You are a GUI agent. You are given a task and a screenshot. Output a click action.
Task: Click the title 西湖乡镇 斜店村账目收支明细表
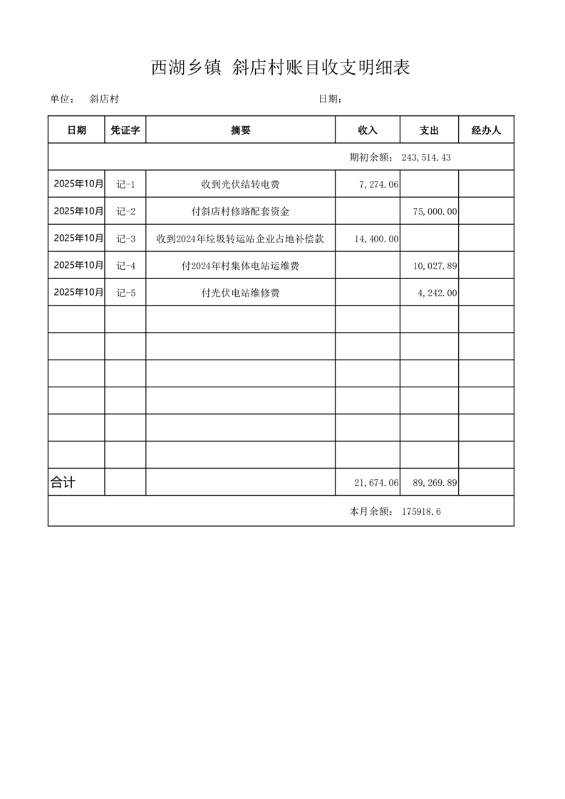(281, 68)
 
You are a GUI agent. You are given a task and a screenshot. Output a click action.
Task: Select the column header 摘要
(241, 130)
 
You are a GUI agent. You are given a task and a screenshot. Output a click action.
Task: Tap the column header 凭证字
(125, 130)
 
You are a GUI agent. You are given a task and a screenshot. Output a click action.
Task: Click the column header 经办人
(486, 130)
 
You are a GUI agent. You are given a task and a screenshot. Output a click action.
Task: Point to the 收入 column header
(368, 130)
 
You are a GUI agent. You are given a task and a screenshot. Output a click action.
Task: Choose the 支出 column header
(429, 130)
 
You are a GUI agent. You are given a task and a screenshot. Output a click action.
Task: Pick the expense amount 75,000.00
(435, 211)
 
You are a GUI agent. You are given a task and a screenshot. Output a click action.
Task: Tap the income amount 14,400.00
(376, 239)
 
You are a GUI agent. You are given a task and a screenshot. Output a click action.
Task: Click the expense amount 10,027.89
(435, 266)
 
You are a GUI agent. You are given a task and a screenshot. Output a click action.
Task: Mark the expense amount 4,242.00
(437, 293)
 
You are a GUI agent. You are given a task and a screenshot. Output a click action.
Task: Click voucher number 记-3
(125, 239)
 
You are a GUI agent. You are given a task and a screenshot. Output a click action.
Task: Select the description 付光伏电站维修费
(241, 293)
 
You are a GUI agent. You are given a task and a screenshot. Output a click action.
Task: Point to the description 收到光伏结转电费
(241, 184)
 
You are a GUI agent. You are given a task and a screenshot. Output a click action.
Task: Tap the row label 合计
(63, 483)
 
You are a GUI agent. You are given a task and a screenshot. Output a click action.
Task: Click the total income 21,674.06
(376, 483)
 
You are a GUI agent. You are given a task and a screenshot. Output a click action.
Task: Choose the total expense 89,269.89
(435, 483)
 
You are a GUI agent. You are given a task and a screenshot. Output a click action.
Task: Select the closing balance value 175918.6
(421, 511)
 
